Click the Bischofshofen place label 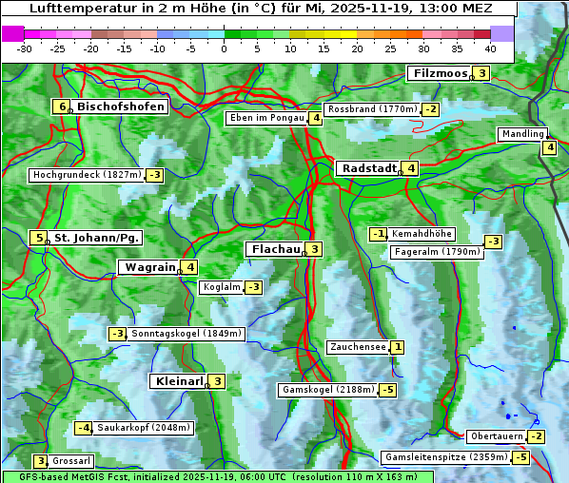click(x=121, y=106)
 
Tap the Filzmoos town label click(x=440, y=73)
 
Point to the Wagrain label click(x=148, y=268)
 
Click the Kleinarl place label click(x=179, y=381)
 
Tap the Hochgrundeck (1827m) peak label click(x=87, y=175)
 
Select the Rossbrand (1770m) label click(x=372, y=109)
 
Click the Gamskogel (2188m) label click(x=327, y=390)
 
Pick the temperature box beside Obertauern click(x=538, y=436)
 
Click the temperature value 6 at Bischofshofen click(x=62, y=106)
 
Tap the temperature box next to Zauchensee click(x=397, y=348)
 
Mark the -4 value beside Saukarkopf click(x=84, y=428)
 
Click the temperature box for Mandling click(x=549, y=146)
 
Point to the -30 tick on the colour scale click(x=25, y=48)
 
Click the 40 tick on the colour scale click(x=490, y=48)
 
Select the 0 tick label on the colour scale click(x=225, y=48)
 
